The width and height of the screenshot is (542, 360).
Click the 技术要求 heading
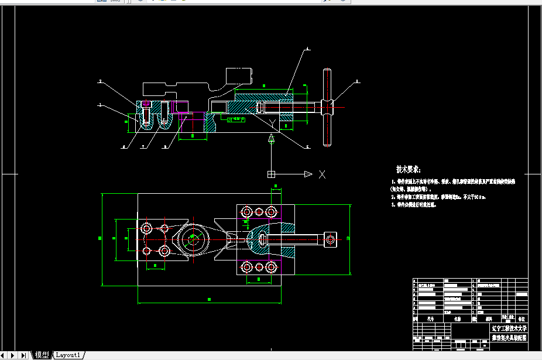[x=408, y=169]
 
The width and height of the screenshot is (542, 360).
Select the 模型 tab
[x=42, y=355]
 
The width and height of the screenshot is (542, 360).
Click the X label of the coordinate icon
[x=322, y=174]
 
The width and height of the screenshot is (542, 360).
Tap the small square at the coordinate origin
[x=271, y=174]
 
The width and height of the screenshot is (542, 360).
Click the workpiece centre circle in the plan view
[x=193, y=238]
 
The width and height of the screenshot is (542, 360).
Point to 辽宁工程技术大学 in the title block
[x=508, y=328]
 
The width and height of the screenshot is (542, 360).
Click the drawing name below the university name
[x=508, y=338]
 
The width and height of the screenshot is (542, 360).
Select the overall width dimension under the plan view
[x=209, y=300]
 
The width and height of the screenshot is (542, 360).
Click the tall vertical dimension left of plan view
[x=100, y=238]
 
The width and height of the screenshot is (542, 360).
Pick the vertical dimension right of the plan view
[x=348, y=238]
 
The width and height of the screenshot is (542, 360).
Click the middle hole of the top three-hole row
[x=259, y=211]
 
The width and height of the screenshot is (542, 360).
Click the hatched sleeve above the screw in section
[x=263, y=95]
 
